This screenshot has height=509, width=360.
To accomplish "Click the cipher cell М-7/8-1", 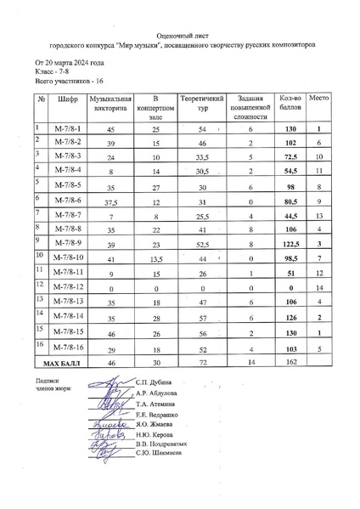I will click(x=65, y=129).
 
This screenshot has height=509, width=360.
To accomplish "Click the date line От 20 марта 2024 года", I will click(x=69, y=64).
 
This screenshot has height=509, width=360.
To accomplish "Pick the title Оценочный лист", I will click(x=180, y=37).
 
